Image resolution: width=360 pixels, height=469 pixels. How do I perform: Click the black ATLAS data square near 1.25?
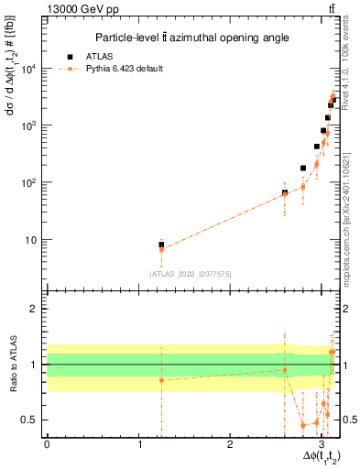click(161, 245)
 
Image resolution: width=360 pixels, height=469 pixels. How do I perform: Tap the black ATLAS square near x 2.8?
click(303, 169)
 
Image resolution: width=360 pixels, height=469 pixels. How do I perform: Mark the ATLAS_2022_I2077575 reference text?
click(190, 273)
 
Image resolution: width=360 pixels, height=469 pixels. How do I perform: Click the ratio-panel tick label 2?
click(37, 309)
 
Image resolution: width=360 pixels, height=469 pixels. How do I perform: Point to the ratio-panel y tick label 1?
click(37, 365)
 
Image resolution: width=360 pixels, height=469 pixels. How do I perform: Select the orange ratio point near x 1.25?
click(161, 379)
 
